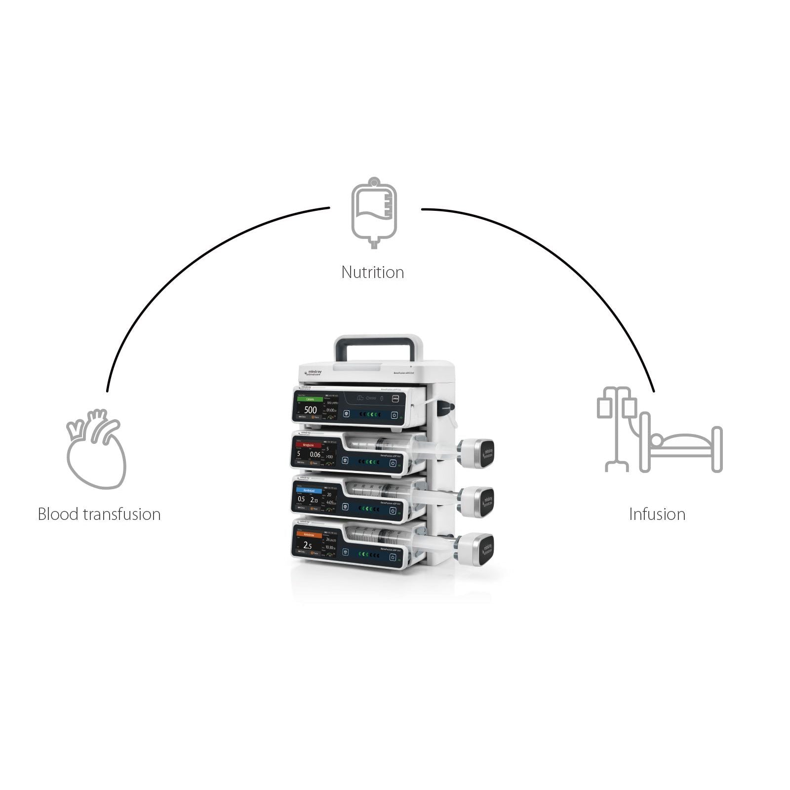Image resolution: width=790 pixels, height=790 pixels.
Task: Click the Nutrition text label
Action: click(x=373, y=272)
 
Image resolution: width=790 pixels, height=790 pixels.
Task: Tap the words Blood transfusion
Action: click(x=99, y=514)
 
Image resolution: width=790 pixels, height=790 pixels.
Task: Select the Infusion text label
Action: click(x=657, y=514)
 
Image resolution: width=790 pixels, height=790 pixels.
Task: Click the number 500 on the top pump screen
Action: click(x=310, y=410)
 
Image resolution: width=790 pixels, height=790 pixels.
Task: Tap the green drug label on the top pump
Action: click(x=310, y=399)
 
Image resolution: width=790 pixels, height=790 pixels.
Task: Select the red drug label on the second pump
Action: click(x=308, y=445)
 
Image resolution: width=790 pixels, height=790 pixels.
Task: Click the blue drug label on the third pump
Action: click(x=309, y=491)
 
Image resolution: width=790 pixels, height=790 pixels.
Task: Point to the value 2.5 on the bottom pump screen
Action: click(x=308, y=546)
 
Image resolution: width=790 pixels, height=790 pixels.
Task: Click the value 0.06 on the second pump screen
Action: click(x=315, y=454)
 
